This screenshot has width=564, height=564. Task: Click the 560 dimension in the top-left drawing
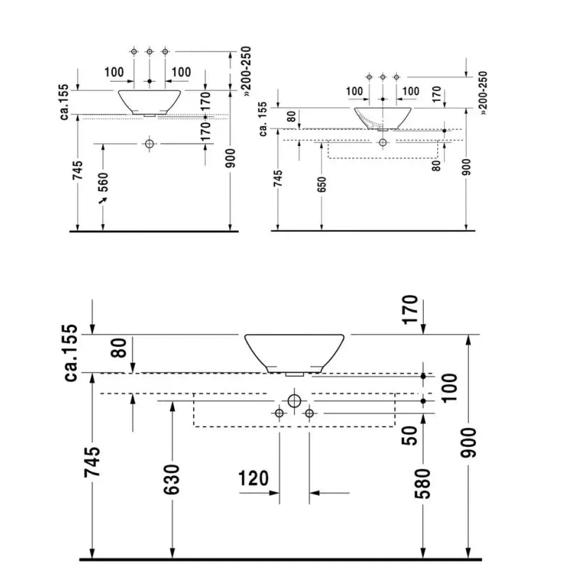pos(103,182)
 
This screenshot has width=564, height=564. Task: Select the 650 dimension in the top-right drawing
pos(321,185)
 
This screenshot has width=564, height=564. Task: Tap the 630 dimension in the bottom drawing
pos(172,479)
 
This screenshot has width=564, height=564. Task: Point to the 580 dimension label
pos(422,484)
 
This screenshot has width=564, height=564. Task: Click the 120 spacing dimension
pos(254,479)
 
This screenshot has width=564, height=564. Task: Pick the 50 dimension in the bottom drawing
pos(410,436)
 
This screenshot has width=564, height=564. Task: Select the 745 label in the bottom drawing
pos(92,462)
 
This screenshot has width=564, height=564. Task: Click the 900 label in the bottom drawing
pos(468,443)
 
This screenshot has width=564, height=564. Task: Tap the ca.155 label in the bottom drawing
pos(70,352)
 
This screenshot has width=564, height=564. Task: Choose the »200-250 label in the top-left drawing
pos(246,71)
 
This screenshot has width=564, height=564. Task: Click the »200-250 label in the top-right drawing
pos(483,93)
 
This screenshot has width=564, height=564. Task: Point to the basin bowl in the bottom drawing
pos(294,353)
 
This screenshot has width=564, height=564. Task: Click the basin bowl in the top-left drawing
pos(149,102)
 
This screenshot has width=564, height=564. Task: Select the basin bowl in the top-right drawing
pos(383,118)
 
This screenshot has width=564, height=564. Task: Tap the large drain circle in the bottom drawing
pos(294,400)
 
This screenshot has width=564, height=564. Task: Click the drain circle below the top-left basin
pos(149,144)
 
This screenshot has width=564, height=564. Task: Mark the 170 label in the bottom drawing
pos(410,309)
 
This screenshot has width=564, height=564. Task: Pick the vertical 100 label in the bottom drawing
pos(449,388)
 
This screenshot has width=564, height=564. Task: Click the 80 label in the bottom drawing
pos(119,348)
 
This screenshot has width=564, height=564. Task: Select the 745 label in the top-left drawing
pos(78,170)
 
